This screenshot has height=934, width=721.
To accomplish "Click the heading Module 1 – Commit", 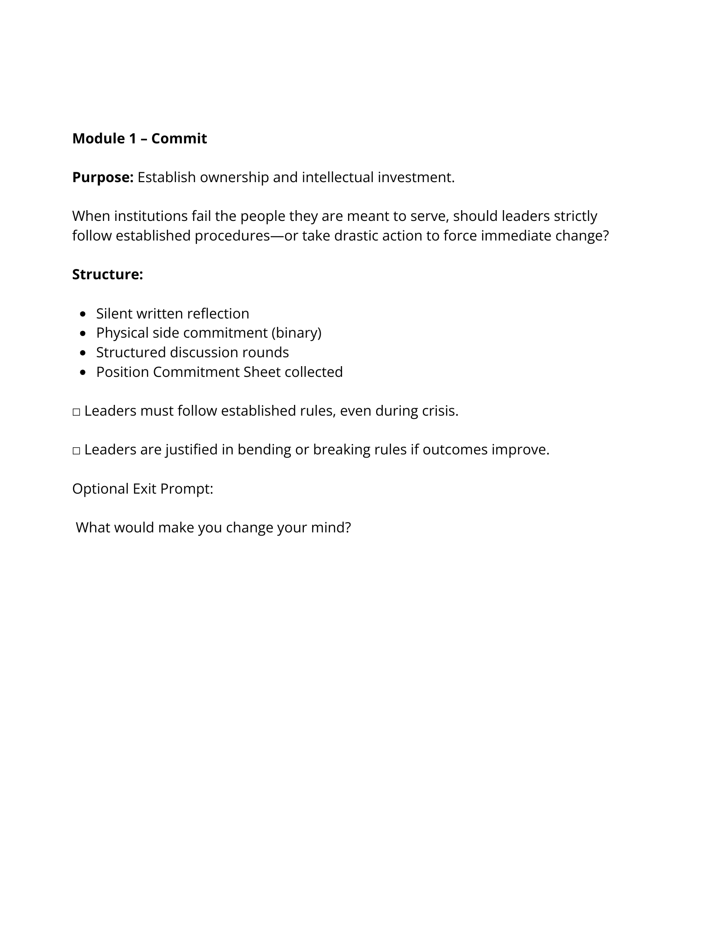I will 139,139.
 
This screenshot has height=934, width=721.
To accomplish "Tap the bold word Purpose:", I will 103,177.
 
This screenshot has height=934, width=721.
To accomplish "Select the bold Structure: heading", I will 107,275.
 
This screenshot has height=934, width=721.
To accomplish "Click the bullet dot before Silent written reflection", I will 83,314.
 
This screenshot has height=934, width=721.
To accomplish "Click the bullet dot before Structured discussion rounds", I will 83,353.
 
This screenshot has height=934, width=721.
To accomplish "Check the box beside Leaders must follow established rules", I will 77,412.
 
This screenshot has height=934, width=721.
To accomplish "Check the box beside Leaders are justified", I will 77,451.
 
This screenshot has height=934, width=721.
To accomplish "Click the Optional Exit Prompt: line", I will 142,489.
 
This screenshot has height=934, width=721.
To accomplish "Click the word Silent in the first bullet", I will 114,313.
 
